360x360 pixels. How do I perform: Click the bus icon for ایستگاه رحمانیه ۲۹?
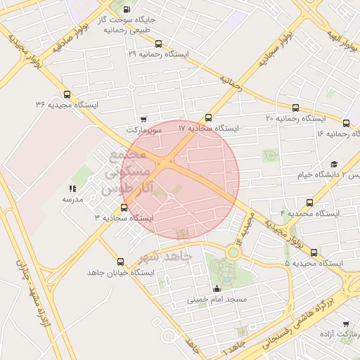pyautogui.click(x=158, y=44)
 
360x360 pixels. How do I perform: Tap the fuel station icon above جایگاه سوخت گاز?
pyautogui.click(x=126, y=10)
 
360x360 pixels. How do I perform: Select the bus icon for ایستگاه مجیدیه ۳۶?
pyautogui.click(x=67, y=94)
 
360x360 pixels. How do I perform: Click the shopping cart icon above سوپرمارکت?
pyautogui.click(x=143, y=120)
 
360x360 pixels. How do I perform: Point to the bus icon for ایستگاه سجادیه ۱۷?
pyautogui.click(x=208, y=118)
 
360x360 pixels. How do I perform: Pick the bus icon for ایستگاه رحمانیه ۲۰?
pyautogui.click(x=295, y=108)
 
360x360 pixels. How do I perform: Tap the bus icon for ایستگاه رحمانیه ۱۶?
pyautogui.click(x=354, y=123)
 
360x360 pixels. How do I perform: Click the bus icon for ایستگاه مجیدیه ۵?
pyautogui.click(x=314, y=252)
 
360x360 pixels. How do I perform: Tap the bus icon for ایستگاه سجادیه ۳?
pyautogui.click(x=124, y=207)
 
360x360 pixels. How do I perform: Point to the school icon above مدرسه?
pyautogui.click(x=72, y=188)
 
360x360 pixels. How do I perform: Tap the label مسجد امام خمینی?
pyautogui.click(x=217, y=300)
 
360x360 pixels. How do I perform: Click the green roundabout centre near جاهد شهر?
pyautogui.click(x=233, y=252)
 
